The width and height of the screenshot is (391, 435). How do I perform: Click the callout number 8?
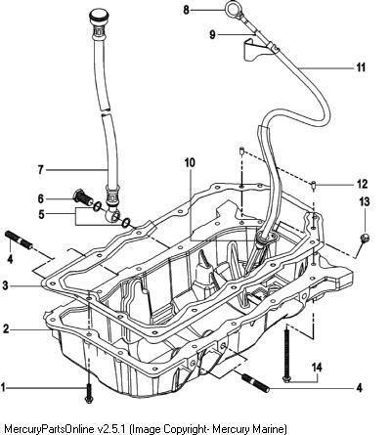coord(186,10)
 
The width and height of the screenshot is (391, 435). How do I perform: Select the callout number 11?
coord(361,67)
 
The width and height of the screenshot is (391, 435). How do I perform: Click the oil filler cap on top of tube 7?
coord(99,17)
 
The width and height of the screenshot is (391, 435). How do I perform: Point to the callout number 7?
coord(41,170)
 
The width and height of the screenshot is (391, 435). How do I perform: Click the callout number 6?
coord(41,198)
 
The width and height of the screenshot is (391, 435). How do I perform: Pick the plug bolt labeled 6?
coord(84,198)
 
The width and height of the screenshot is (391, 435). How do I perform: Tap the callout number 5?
coord(41,214)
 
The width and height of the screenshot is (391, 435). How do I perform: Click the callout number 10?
coord(190,162)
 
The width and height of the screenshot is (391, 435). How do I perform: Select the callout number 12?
coord(362,184)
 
